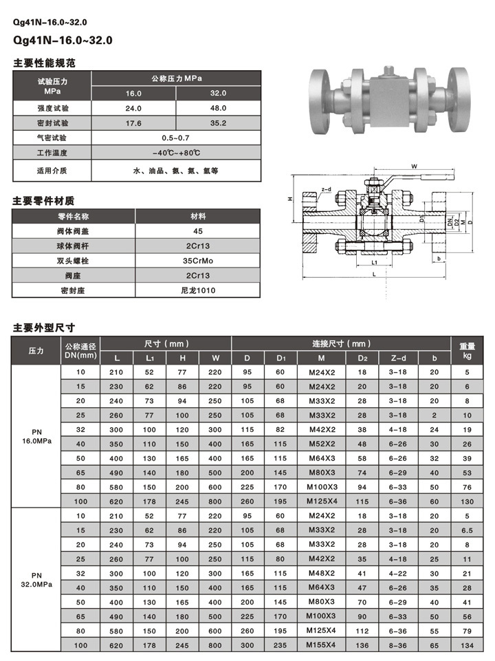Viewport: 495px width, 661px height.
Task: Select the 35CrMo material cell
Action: pyautogui.click(x=198, y=261)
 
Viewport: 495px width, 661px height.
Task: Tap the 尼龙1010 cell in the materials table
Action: pyautogui.click(x=198, y=290)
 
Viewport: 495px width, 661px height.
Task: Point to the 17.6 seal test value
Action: pyautogui.click(x=133, y=123)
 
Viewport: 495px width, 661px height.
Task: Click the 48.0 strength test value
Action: pyautogui.click(x=219, y=109)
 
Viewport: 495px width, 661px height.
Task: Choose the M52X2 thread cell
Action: pyautogui.click(x=321, y=444)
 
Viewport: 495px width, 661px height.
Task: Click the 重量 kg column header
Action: pyautogui.click(x=467, y=350)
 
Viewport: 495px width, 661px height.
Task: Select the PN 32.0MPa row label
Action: pyautogui.click(x=36, y=578)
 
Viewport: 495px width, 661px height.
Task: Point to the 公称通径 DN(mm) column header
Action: pyautogui.click(x=80, y=350)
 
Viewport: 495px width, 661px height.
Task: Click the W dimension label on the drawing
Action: pyautogui.click(x=415, y=167)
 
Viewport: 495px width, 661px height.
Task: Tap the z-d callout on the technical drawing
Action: pyautogui.click(x=326, y=189)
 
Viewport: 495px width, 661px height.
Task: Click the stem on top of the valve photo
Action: pyautogui.click(x=389, y=71)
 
